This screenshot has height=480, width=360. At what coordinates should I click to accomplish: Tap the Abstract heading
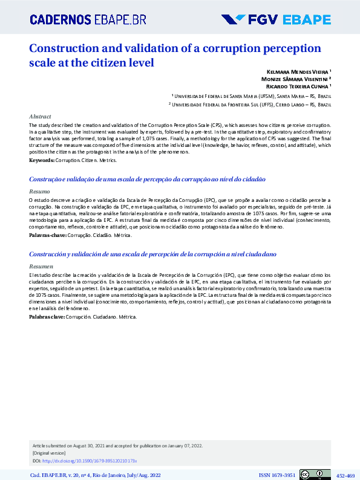(40, 116)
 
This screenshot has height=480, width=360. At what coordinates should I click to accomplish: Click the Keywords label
(42, 160)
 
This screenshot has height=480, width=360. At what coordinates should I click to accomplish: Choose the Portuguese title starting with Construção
(148, 180)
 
